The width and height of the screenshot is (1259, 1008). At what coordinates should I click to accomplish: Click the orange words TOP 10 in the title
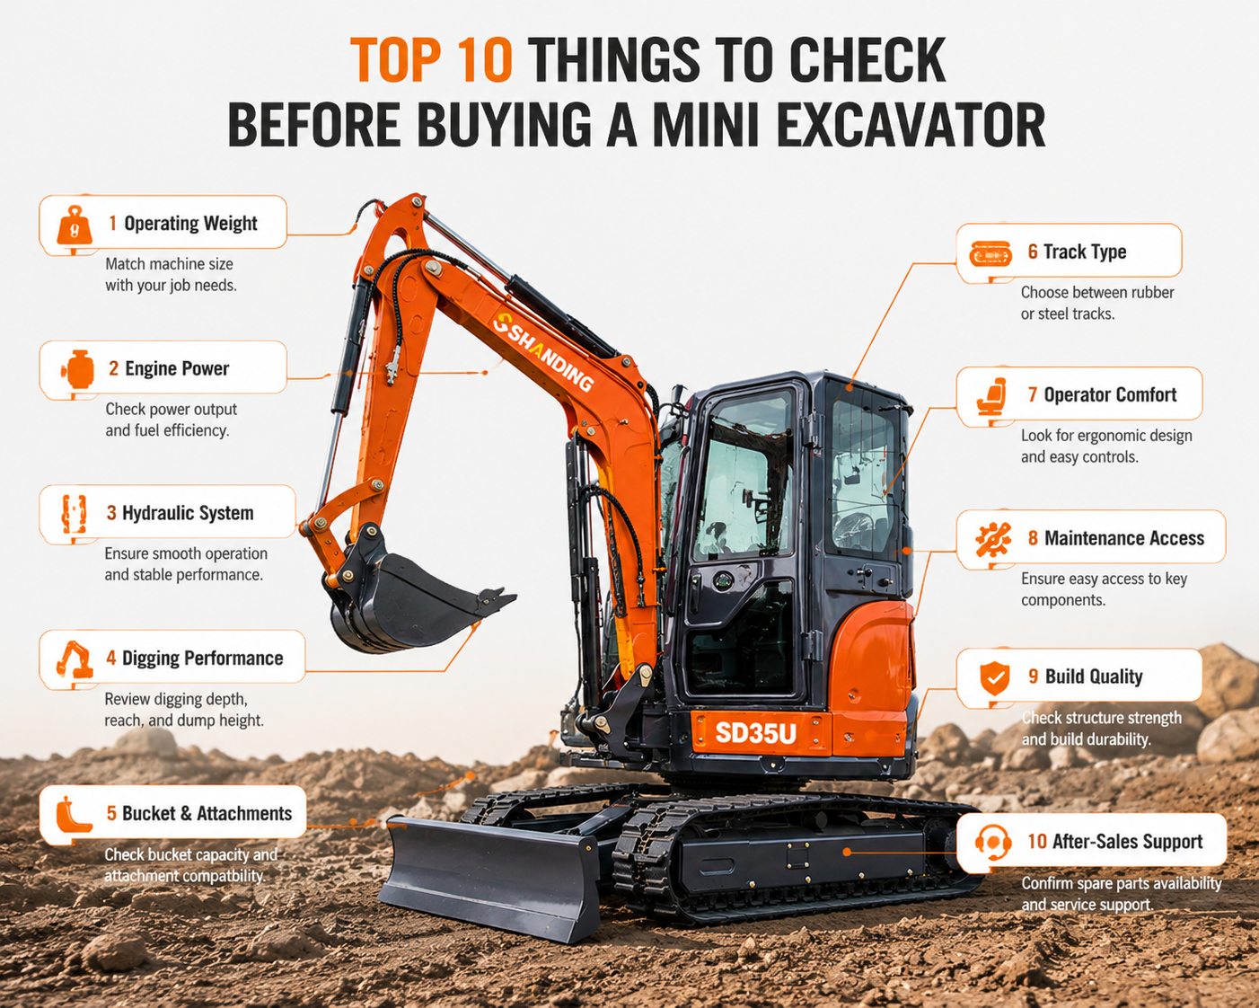point(431,59)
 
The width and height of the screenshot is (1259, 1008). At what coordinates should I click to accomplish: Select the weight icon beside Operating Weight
point(75,225)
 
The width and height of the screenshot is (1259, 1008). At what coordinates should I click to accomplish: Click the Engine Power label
point(177,368)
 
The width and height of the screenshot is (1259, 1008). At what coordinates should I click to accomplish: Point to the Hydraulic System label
point(188,513)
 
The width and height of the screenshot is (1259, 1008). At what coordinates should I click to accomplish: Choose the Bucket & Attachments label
point(207,813)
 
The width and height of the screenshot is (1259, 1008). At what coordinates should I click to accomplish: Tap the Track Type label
point(1085,252)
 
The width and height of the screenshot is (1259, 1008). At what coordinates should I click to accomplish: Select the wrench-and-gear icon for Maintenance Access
point(993,539)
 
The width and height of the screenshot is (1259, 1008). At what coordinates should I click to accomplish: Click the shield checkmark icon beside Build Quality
point(995,678)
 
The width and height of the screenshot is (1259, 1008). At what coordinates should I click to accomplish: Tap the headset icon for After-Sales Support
point(993,842)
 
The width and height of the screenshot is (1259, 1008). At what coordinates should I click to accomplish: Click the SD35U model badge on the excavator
point(755,733)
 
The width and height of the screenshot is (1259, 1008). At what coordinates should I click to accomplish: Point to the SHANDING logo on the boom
point(543,352)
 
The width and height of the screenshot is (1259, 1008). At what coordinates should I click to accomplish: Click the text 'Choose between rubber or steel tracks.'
point(1097,303)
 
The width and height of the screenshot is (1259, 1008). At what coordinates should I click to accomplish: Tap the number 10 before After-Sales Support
point(1036,842)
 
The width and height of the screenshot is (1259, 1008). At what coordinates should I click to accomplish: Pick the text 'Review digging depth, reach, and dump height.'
point(184,710)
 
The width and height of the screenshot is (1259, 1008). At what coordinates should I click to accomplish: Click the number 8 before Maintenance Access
point(1034,538)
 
